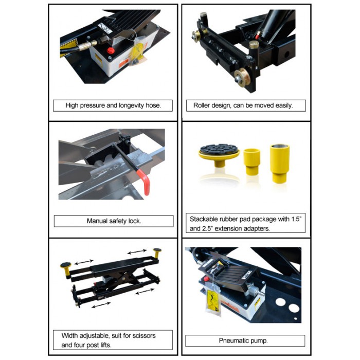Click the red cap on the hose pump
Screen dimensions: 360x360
point(111,50)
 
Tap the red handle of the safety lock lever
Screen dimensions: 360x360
point(145,182)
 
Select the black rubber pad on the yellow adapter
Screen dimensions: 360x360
point(219,149)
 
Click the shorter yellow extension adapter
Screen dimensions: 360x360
point(251,161)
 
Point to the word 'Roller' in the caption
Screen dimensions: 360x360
point(201,105)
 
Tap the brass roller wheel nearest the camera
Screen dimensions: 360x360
point(242,77)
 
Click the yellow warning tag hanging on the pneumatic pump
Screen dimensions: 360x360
point(212,301)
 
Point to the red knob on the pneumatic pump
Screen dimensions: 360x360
point(206,279)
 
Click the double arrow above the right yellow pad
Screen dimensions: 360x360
point(137,251)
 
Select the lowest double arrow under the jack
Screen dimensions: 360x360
point(101,305)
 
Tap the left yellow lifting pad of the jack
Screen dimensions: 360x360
point(66,269)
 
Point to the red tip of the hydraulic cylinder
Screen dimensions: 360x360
point(258,35)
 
